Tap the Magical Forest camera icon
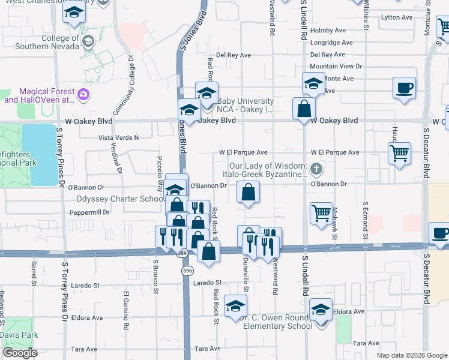83,95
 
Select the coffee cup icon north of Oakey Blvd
404,88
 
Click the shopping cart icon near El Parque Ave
399,152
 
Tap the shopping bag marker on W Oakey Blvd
304,109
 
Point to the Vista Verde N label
118,137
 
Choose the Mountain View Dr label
336,66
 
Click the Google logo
20,352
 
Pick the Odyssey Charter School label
118,199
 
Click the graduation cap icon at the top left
74,13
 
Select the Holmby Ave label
327,31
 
